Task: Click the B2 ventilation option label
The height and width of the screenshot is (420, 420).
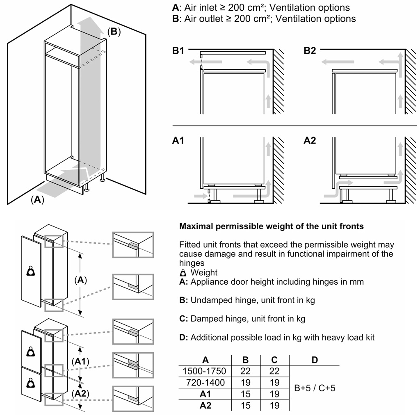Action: click(310, 51)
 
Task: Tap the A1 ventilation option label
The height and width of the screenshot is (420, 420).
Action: click(178, 141)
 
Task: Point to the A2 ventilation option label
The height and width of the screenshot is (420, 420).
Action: click(310, 141)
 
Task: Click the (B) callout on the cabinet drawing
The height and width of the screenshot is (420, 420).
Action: click(114, 32)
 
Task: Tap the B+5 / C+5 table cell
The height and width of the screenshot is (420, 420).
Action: click(315, 388)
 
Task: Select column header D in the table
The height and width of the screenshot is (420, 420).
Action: click(315, 360)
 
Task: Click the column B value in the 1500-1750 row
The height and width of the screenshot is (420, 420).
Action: click(245, 371)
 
